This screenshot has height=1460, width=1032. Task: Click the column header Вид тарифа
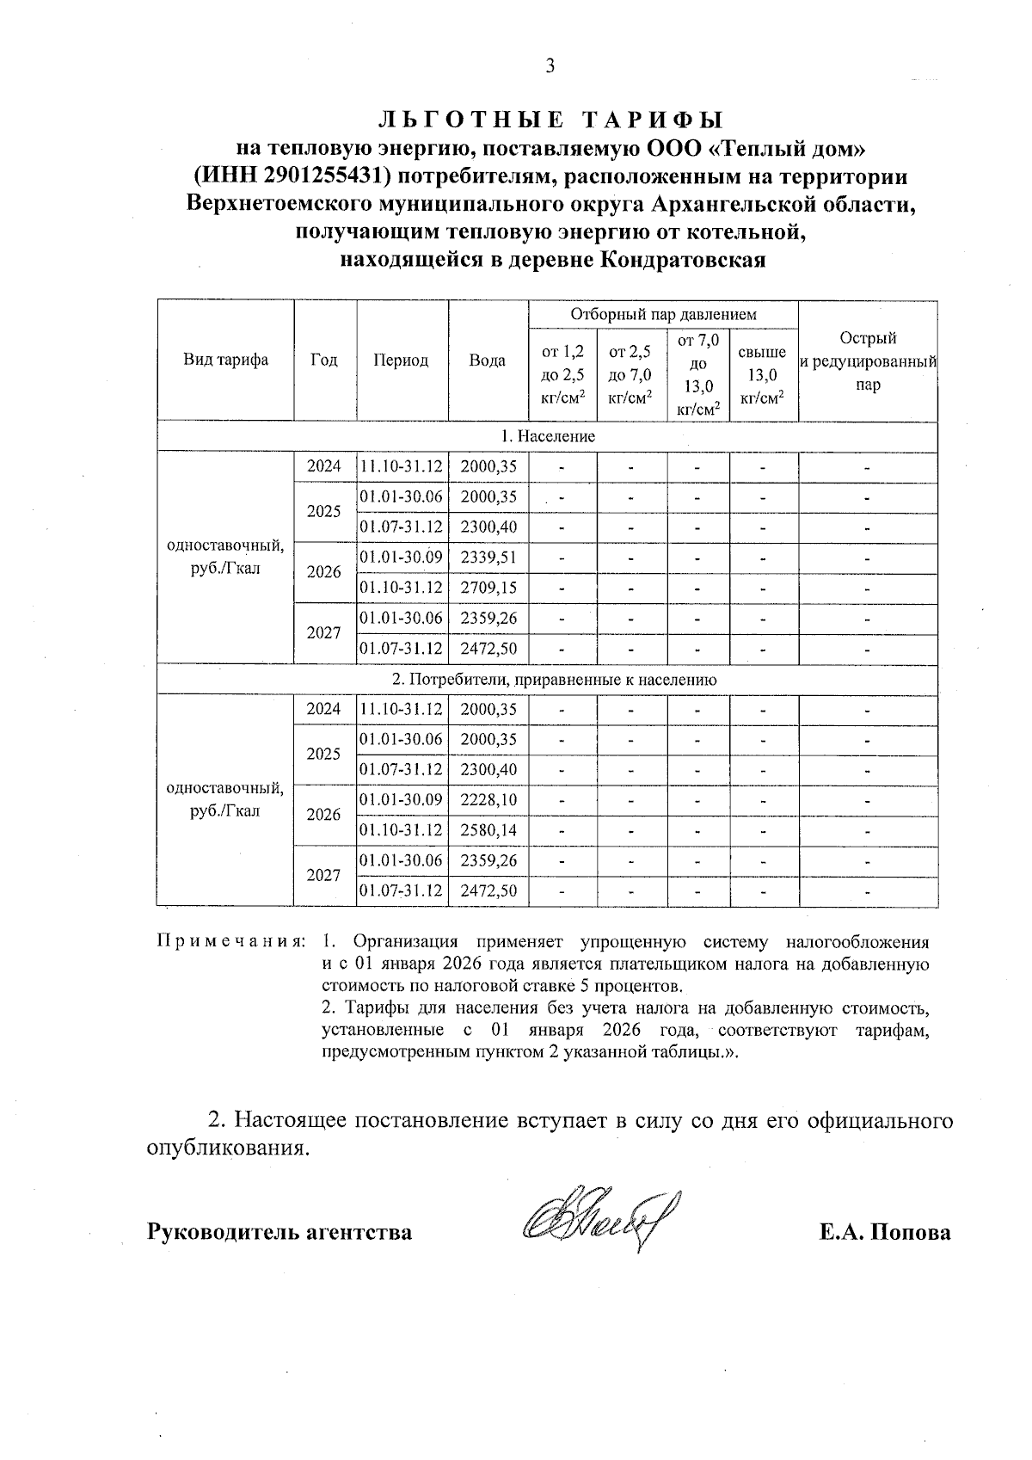coord(225,360)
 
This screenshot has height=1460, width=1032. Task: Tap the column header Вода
coord(487,360)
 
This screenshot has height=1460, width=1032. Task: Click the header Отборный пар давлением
coord(663,315)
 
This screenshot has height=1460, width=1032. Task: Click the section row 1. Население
coord(548,436)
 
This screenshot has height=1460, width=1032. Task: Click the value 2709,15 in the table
coord(488,588)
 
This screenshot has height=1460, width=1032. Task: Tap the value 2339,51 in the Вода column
coord(488,558)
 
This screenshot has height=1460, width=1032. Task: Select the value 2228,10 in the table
coord(488,800)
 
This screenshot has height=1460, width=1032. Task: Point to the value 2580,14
coord(488,830)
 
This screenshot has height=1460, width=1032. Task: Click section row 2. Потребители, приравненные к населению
coord(555,680)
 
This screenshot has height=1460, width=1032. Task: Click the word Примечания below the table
coord(230,940)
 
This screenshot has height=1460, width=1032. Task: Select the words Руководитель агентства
coord(279,1233)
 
